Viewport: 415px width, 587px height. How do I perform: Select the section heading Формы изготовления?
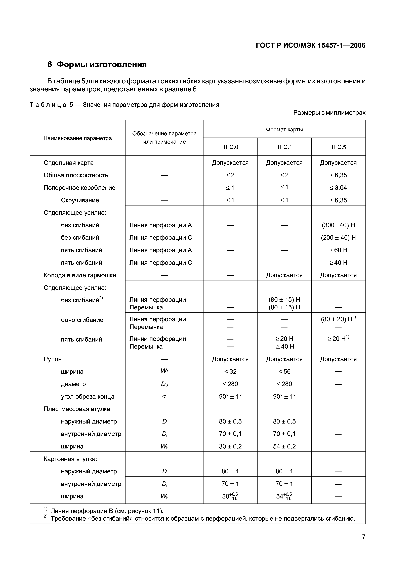(x=102, y=64)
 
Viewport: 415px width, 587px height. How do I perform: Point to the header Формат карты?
(x=284, y=130)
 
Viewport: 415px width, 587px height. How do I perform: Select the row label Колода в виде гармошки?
(x=80, y=275)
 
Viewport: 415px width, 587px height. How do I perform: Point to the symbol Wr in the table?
(x=164, y=371)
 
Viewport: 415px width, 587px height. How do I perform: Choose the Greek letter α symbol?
(x=164, y=397)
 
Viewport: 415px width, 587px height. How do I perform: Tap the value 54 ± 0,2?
(x=284, y=446)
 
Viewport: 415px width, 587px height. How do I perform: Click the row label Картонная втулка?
(x=70, y=459)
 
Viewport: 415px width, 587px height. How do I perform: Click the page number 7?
(x=363, y=537)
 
